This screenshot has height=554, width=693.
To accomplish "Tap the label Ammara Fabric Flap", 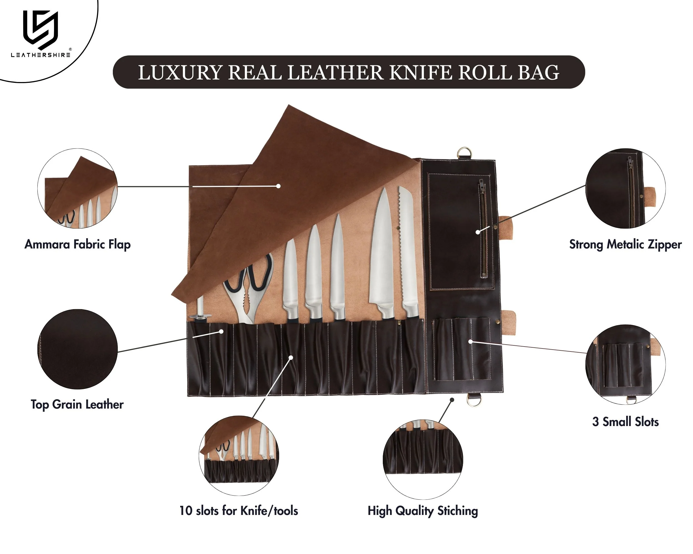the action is [77, 244].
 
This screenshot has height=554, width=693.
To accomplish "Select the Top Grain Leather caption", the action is [77, 404].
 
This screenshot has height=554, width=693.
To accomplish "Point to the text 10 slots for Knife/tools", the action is [238, 511].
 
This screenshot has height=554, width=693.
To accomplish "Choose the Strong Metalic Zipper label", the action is [625, 244].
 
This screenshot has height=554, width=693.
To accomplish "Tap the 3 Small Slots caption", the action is [625, 422].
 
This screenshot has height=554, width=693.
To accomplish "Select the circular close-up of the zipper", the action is [625, 189].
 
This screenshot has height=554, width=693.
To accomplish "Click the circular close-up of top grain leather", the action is [77, 349].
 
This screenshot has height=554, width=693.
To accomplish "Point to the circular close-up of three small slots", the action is [625, 365].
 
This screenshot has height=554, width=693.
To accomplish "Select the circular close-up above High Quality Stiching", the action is [423, 459].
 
